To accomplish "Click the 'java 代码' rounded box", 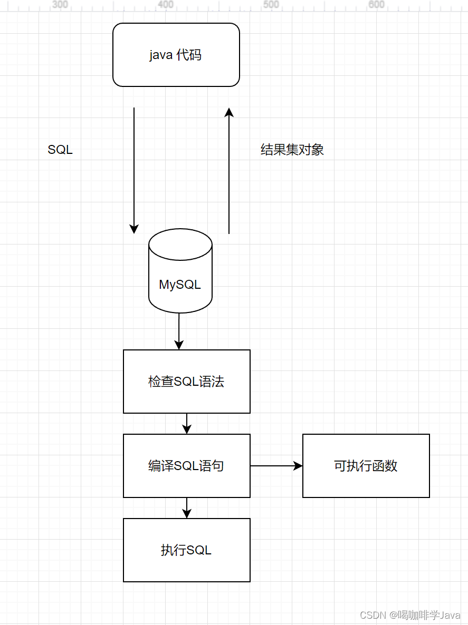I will pyautogui.click(x=176, y=55).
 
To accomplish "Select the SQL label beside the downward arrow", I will pyautogui.click(x=60, y=150).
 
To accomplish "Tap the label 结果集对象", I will pyautogui.click(x=292, y=150).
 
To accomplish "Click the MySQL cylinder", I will pyautogui.click(x=180, y=285).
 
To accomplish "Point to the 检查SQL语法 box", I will pyautogui.click(x=186, y=382).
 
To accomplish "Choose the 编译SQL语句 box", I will pyautogui.click(x=186, y=466).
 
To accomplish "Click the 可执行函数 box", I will pyautogui.click(x=366, y=466).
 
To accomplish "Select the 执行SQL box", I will pyautogui.click(x=186, y=550).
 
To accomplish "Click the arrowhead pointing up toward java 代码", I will pyautogui.click(x=229, y=112).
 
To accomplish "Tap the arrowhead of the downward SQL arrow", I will pyautogui.click(x=134, y=229).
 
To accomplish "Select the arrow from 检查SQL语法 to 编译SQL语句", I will pyautogui.click(x=187, y=424).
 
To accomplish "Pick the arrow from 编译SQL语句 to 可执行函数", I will pyautogui.click(x=276, y=466).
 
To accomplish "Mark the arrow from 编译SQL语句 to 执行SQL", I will pyautogui.click(x=187, y=508).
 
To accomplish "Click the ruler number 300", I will pyautogui.click(x=61, y=5).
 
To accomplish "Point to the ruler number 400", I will pyautogui.click(x=166, y=5).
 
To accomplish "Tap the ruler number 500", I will pyautogui.click(x=271, y=5).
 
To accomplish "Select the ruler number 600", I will pyautogui.click(x=376, y=5).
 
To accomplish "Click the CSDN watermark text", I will pyautogui.click(x=410, y=615).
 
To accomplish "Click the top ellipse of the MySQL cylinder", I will pyautogui.click(x=180, y=245).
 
